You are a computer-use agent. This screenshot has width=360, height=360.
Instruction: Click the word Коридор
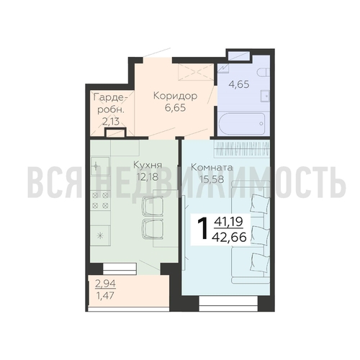pyautogui.click(x=175, y=96)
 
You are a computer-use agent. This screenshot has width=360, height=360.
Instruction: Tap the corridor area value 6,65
pyautogui.click(x=176, y=108)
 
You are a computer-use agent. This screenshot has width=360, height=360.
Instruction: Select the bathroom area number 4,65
pyautogui.click(x=239, y=84)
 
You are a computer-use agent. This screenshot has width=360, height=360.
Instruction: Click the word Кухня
pyautogui.click(x=148, y=165)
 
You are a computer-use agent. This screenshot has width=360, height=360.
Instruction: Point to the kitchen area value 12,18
pyautogui.click(x=148, y=177)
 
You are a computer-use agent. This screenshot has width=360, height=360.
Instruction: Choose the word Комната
pyautogui.click(x=212, y=167)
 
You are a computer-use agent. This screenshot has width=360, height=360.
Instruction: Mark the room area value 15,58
pyautogui.click(x=212, y=179)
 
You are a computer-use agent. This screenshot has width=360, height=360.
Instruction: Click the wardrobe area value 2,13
pyautogui.click(x=111, y=122)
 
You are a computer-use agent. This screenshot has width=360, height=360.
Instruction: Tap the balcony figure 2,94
pyautogui.click(x=105, y=284)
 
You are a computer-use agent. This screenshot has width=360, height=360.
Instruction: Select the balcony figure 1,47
pyautogui.click(x=105, y=296)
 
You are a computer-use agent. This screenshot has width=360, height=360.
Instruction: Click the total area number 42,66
pyautogui.click(x=229, y=238)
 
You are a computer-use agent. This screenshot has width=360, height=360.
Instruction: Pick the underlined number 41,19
pyautogui.click(x=229, y=221)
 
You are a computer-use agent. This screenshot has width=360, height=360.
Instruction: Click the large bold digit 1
pyautogui.click(x=202, y=229)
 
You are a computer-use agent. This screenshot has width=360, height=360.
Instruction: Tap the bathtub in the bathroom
pyautogui.click(x=242, y=124)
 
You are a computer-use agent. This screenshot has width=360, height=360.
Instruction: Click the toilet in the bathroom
pyautogui.click(x=264, y=72)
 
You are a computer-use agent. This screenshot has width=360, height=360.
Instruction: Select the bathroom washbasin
pyautogui.click(x=265, y=96)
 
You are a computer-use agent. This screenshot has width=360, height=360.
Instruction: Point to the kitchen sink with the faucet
pyautogui.click(x=100, y=166)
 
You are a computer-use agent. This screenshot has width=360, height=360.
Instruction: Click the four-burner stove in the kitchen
pyautogui.click(x=100, y=200)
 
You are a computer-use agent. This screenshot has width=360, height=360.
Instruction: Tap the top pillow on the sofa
pyautogui.click(x=260, y=204)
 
